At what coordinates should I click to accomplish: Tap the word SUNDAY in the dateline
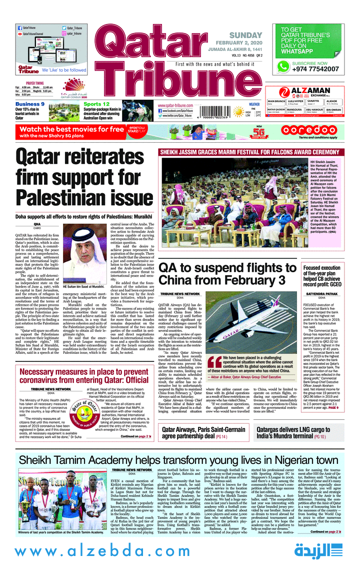(245, 35)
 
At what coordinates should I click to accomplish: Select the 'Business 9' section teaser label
(29, 104)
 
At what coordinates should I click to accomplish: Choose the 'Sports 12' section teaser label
(96, 104)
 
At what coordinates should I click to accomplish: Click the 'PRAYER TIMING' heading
(35, 84)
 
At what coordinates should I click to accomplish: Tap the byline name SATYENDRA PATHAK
(321, 294)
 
